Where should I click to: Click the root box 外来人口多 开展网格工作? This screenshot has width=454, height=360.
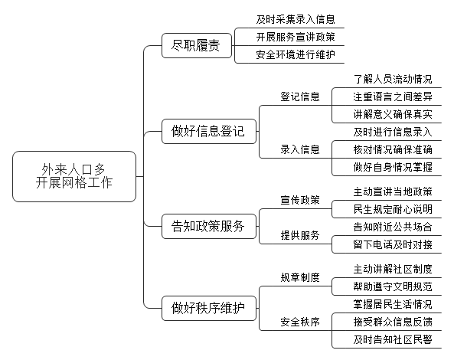[74, 176]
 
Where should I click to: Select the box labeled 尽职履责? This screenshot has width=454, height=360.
[197, 45]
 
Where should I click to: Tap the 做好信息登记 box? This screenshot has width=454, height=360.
[209, 131]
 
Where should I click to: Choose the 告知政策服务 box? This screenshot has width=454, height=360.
[209, 226]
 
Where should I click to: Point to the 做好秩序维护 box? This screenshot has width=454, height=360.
[209, 308]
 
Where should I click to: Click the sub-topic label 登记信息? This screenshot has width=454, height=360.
[300, 97]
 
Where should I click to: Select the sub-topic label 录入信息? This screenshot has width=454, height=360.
[300, 149]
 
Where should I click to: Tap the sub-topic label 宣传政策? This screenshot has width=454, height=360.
[300, 200]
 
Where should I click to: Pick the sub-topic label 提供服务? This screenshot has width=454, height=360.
[300, 235]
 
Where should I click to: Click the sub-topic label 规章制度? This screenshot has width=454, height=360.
[300, 277]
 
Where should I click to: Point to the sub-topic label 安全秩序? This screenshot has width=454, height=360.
[300, 322]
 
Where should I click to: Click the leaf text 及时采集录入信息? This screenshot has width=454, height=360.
[296, 19]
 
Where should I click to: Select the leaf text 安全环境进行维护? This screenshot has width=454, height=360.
[296, 54]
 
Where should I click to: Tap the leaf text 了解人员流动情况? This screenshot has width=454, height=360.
[393, 79]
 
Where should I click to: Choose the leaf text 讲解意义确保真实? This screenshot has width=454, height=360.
[393, 114]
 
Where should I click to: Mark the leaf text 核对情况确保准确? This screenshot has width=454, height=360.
[393, 149]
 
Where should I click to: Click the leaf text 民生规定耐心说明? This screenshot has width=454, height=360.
[393, 209]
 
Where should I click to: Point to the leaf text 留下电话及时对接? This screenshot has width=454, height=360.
[393, 244]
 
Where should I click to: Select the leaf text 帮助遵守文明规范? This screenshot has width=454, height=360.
[393, 286]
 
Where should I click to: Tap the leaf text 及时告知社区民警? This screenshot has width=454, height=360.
[393, 339]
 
